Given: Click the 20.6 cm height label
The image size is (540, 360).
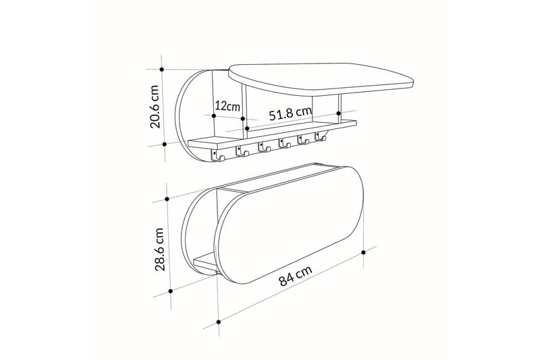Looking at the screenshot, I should [x=155, y=107].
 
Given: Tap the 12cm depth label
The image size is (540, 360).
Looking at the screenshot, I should [x=227, y=106].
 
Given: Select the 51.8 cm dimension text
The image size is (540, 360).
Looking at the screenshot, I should [x=290, y=113].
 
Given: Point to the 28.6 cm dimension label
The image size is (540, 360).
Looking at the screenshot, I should [x=160, y=249].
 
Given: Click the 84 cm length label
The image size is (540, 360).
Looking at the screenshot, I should [x=295, y=276].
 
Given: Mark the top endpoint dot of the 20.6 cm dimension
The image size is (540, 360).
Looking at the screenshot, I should [x=162, y=68].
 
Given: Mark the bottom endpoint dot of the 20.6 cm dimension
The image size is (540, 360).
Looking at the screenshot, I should [x=165, y=143].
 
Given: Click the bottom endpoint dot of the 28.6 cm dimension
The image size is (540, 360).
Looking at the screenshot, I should [x=171, y=291].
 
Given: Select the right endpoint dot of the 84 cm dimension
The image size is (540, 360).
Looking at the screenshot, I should [x=364, y=251].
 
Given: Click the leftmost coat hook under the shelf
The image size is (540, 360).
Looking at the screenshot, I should [x=219, y=156].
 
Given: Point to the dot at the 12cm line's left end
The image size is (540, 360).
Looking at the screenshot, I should [x=213, y=115].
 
